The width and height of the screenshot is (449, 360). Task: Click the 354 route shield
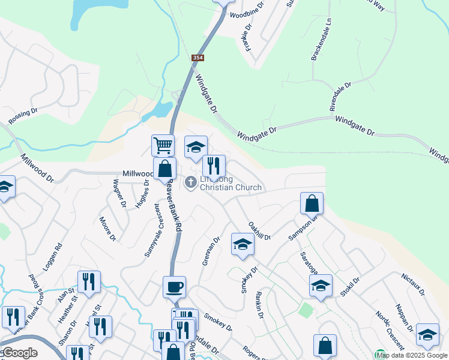pyautogui.click(x=197, y=58)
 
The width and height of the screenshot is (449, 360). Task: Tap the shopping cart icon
pyautogui.click(x=163, y=145)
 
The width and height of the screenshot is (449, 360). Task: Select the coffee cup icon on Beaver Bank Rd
pyautogui.click(x=174, y=287)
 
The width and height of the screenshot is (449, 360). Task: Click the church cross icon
pyautogui.click(x=191, y=181)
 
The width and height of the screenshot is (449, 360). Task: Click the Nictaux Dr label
pyautogui.click(x=412, y=284)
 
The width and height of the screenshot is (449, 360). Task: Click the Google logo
pyautogui.click(x=19, y=353)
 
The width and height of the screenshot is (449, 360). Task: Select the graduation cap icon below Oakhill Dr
pyautogui.click(x=243, y=244)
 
